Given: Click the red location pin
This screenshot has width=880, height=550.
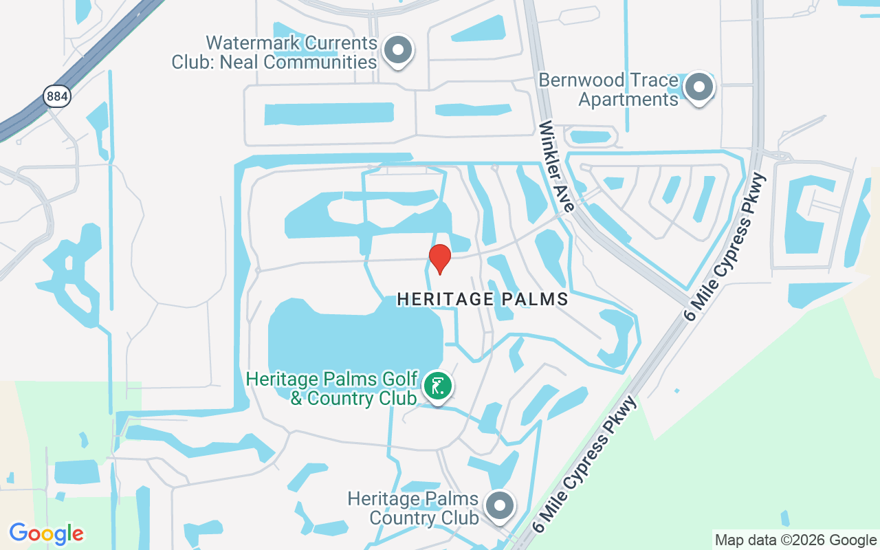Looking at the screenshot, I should pyautogui.click(x=439, y=258).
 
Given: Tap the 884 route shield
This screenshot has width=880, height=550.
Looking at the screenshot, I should pyautogui.click(x=57, y=96).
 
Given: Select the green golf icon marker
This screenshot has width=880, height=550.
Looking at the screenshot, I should pyautogui.click(x=437, y=386).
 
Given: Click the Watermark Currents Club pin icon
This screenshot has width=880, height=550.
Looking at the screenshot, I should pyautogui.click(x=397, y=50).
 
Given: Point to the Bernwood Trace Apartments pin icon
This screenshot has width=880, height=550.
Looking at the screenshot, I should pyautogui.click(x=699, y=87).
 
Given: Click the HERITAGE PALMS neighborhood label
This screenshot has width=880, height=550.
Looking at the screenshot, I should pyautogui.click(x=483, y=300).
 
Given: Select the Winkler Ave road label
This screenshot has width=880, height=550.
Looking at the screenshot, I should pyautogui.click(x=558, y=166).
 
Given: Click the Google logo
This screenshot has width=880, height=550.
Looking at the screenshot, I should pyautogui.click(x=47, y=533).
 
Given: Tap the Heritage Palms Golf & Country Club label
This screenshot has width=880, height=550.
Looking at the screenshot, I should pyautogui.click(x=332, y=388).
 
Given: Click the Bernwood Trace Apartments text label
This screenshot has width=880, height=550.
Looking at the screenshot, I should pyautogui.click(x=608, y=89).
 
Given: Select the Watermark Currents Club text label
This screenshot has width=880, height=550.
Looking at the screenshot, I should pyautogui.click(x=274, y=52).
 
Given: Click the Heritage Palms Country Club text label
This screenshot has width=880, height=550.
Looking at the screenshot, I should pyautogui.click(x=413, y=507).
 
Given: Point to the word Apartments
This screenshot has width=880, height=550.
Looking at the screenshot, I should pyautogui.click(x=628, y=99).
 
